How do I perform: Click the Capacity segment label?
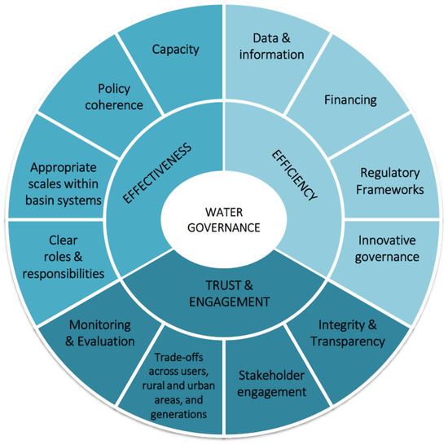click(x=175, y=50)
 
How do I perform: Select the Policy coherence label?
click(x=120, y=95)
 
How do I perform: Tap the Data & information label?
click(x=273, y=46)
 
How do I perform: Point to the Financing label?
click(x=350, y=100)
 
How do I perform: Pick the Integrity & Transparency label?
click(x=347, y=333)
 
